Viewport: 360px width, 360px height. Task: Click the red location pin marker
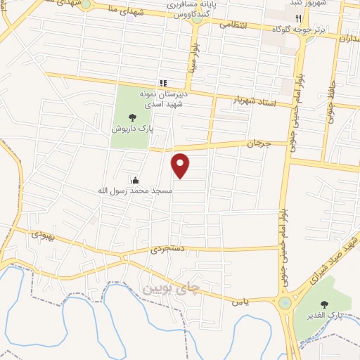pyautogui.click(x=181, y=165)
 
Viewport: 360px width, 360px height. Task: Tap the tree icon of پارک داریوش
pyautogui.click(x=131, y=118)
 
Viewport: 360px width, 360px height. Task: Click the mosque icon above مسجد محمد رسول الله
pyautogui.click(x=135, y=180)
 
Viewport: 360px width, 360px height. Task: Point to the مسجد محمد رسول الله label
pyautogui.click(x=135, y=191)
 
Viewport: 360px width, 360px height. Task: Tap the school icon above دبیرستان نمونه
pyautogui.click(x=163, y=83)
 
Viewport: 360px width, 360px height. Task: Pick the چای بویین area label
pyautogui.click(x=171, y=286)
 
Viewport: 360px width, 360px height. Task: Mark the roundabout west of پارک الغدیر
pyautogui.click(x=285, y=303)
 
